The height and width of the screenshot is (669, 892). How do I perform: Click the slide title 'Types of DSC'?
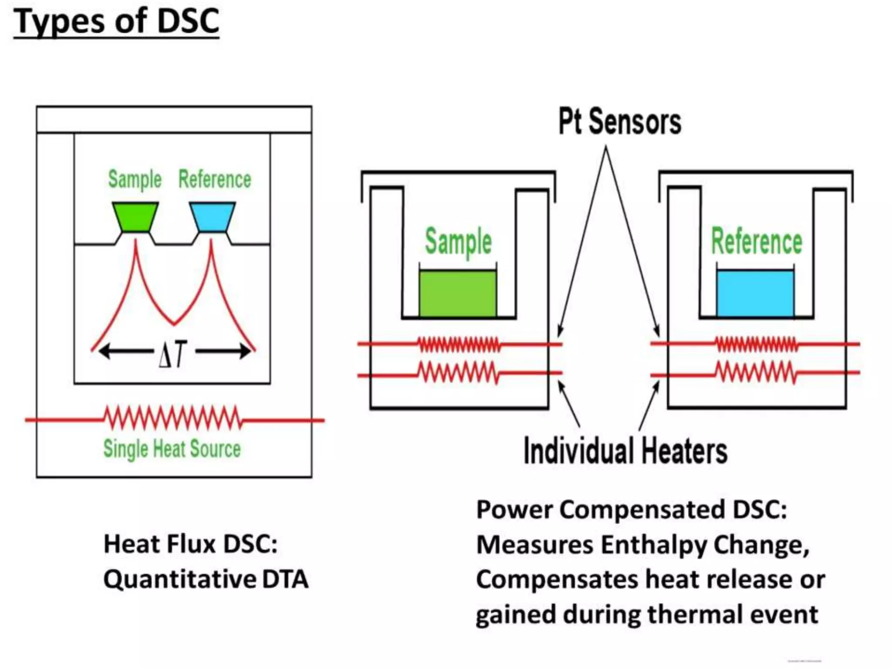[116, 22]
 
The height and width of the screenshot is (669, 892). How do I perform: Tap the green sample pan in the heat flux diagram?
[135, 216]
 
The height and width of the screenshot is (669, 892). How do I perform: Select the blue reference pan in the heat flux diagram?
[213, 216]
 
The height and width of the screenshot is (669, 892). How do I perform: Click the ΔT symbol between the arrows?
[172, 354]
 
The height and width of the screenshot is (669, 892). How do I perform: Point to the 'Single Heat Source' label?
[172, 449]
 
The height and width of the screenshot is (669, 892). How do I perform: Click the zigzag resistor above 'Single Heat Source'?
[172, 417]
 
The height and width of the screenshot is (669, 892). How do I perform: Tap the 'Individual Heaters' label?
[625, 451]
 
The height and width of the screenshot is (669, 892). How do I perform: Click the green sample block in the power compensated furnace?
[457, 293]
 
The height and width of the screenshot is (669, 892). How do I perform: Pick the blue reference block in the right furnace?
[755, 293]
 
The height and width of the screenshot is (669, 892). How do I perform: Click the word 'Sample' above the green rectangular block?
[458, 242]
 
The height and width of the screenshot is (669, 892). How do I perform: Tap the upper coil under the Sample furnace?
[459, 345]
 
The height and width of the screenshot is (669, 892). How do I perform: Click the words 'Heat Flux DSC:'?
[190, 544]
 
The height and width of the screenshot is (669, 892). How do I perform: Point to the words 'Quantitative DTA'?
[206, 580]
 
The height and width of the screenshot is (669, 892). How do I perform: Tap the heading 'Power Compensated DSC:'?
[632, 510]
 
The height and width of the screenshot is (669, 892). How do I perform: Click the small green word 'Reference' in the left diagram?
[215, 179]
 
